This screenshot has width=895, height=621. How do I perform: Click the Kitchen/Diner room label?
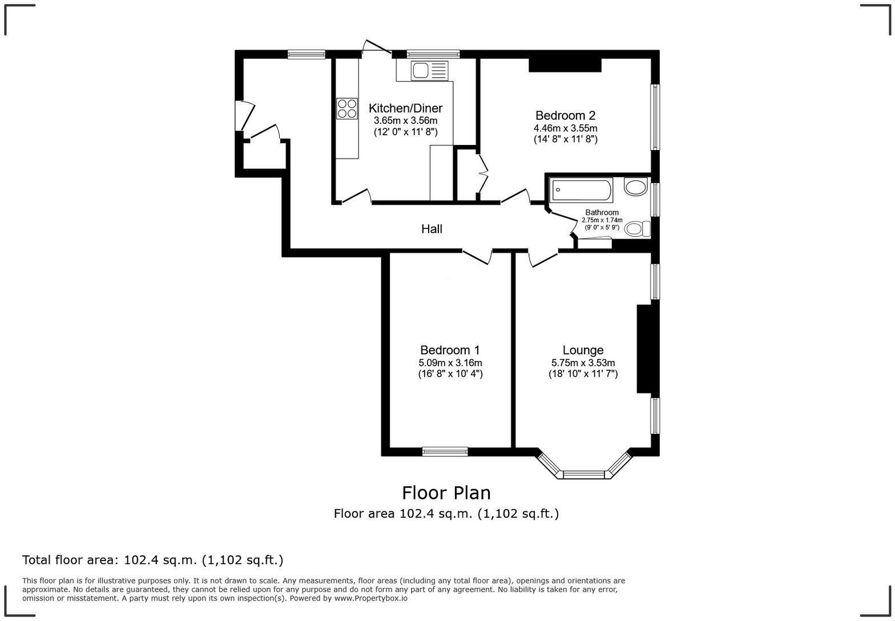[405, 108]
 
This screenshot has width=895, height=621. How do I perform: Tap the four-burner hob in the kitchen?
[347, 108]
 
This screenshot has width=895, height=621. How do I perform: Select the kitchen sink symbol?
[429, 71]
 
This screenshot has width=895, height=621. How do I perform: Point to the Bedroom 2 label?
[565, 115]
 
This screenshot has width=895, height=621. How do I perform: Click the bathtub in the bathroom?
[581, 190]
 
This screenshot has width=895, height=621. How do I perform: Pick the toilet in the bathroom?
[637, 229]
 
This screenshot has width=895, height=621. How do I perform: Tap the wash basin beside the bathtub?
[636, 187]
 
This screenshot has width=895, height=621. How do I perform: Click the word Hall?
[432, 229]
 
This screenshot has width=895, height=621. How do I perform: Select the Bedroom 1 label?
[450, 350]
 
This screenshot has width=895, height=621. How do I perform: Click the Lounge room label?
[583, 350]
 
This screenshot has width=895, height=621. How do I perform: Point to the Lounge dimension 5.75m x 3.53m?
[583, 363]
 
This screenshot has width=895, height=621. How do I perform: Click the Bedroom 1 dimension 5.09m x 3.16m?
[450, 363]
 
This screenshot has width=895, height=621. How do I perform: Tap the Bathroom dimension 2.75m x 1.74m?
[602, 220]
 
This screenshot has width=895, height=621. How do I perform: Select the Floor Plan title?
[446, 493]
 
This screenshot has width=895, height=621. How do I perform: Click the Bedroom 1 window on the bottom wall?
[445, 451]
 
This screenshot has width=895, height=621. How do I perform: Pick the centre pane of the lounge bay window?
[584, 474]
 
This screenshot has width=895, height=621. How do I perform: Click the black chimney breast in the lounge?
[648, 349]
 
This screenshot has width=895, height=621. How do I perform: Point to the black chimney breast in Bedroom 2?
[565, 65]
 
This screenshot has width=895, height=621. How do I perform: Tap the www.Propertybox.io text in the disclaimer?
[371, 598]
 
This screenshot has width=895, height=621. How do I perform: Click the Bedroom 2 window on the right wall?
[655, 117]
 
